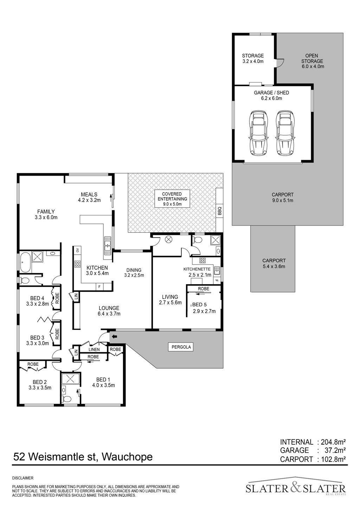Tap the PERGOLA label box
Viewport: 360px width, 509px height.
(181, 347)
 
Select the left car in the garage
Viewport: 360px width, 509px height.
(259, 133)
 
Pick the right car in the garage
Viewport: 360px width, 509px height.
(285, 133)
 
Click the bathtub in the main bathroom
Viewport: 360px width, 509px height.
(25, 262)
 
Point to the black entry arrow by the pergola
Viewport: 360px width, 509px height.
(114, 336)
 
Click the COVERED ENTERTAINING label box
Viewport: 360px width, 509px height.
(172, 198)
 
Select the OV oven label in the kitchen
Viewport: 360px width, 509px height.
(77, 250)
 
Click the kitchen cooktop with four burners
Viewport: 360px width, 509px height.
(77, 263)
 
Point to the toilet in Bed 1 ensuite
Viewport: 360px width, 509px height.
(66, 398)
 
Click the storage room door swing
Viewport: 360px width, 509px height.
(280, 63)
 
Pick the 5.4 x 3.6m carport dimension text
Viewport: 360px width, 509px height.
(274, 266)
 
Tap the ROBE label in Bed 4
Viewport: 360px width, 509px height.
(57, 298)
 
